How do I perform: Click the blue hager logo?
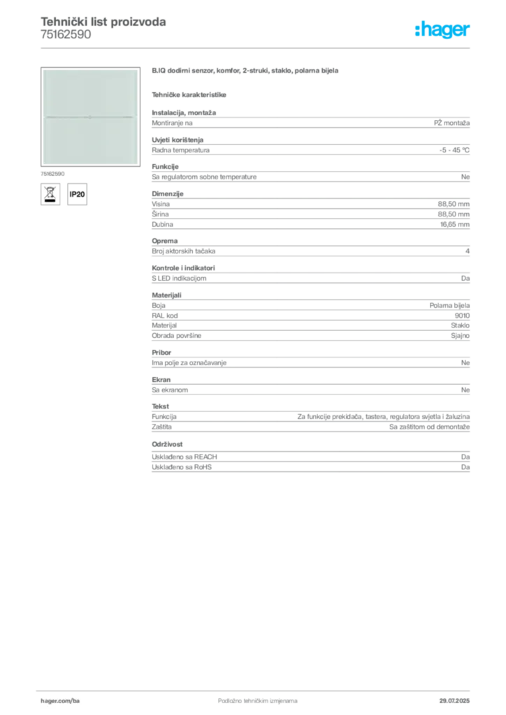point(442,30)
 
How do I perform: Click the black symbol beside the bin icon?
point(78,194)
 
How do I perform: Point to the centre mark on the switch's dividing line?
point(89,117)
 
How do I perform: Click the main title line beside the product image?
point(245,72)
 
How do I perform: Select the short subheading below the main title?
point(190,94)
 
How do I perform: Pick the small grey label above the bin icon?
point(53,172)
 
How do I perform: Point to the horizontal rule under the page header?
point(257,47)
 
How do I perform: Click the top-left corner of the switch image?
point(43,70)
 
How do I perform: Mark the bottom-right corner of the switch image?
point(138,164)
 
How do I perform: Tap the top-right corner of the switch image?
point(138,70)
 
